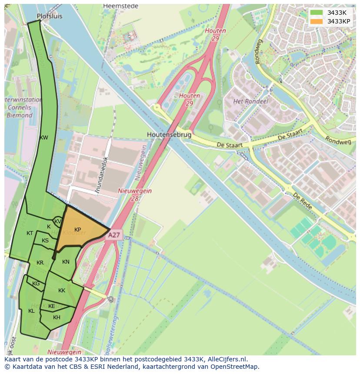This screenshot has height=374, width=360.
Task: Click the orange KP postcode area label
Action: point(77,230)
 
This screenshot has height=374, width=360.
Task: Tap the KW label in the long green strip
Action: point(43,138)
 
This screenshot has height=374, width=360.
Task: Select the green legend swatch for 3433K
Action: point(317,13)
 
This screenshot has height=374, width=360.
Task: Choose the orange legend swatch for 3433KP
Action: point(317,21)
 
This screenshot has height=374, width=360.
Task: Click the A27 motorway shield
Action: point(114,235)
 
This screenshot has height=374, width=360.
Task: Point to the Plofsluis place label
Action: point(50,16)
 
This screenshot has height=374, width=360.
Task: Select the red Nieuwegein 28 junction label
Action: point(135,194)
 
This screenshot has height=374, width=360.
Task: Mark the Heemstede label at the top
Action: point(120,6)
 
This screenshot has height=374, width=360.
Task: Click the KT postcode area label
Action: point(30,233)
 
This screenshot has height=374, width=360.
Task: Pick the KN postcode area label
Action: point(66,261)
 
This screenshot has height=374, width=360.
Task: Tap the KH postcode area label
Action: point(57,318)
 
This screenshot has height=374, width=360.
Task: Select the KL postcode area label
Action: point(31,311)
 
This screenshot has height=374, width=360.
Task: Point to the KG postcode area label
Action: point(36,284)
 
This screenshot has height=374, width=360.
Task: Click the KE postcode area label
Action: point(51,306)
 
